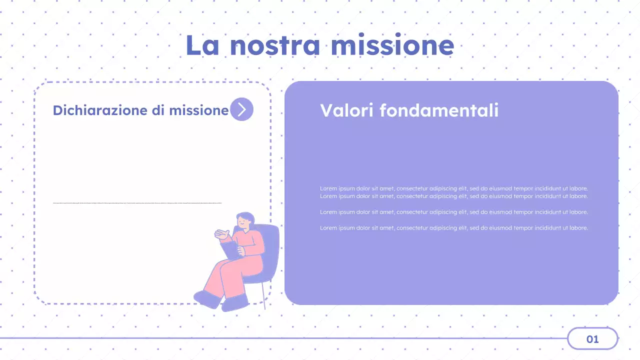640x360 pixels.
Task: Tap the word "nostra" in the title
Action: (274, 45)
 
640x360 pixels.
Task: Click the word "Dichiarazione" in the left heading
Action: (100, 110)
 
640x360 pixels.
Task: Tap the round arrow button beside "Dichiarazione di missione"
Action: (241, 109)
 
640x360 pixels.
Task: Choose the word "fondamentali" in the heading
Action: (438, 110)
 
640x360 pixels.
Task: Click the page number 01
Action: (592, 339)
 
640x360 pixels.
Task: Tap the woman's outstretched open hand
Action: (221, 233)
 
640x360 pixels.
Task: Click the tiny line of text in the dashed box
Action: (137, 203)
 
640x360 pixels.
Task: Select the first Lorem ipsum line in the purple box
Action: (453, 188)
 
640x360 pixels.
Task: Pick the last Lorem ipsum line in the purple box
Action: (453, 228)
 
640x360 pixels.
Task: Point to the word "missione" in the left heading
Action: (198, 110)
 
